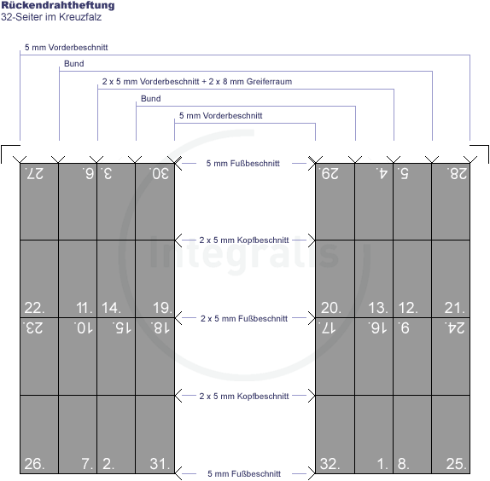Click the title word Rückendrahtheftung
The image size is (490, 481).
(x=58, y=5)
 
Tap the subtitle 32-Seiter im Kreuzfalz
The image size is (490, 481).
(x=51, y=17)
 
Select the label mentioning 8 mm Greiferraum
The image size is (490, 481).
(x=197, y=82)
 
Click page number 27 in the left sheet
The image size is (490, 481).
(x=34, y=174)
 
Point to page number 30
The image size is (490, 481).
(x=160, y=174)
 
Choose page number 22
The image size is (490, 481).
(x=34, y=308)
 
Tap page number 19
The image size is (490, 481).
(x=162, y=308)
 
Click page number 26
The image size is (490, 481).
(x=34, y=464)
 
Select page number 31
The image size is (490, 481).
(x=160, y=464)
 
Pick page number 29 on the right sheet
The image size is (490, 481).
(x=329, y=174)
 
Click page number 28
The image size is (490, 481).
(x=458, y=174)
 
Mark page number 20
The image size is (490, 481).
(x=331, y=308)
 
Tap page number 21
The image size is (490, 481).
(x=455, y=308)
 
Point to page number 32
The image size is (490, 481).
(x=330, y=464)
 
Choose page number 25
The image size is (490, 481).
(x=456, y=464)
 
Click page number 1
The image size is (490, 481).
(x=382, y=464)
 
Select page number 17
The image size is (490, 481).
(x=327, y=328)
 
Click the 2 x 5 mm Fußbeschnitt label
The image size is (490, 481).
(x=244, y=318)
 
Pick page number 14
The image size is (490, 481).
(x=111, y=308)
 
